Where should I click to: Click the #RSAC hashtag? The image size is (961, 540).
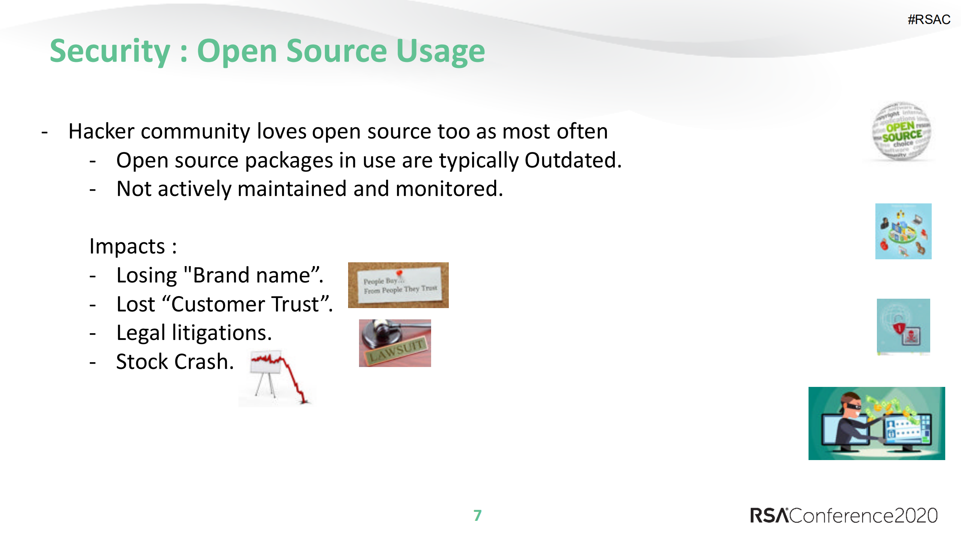(x=928, y=20)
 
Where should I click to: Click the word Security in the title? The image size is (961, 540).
(x=110, y=51)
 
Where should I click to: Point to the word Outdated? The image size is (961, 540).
(x=572, y=161)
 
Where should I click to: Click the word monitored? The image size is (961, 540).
(x=449, y=189)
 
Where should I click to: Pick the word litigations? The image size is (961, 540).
(x=222, y=333)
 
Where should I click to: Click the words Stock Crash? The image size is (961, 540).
(x=175, y=362)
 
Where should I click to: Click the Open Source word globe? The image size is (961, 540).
(x=902, y=132)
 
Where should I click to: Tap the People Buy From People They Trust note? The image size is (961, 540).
(x=398, y=285)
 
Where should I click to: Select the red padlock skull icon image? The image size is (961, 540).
(x=903, y=326)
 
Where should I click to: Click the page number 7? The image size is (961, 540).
(x=477, y=516)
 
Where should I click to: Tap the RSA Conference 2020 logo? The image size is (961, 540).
(x=843, y=516)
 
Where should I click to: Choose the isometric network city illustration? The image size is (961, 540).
(x=903, y=232)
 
